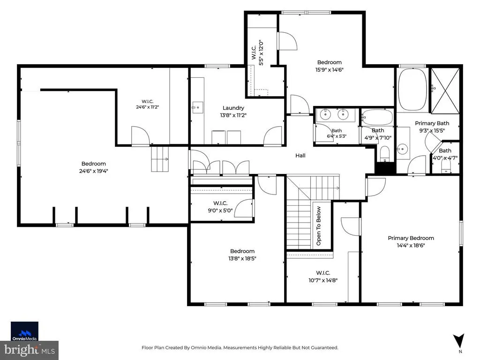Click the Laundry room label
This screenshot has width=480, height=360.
233,108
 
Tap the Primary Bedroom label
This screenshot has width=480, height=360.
411,238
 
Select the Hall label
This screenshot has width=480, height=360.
300,156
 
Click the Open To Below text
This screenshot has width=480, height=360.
318,226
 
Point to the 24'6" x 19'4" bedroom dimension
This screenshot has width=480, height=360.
94,171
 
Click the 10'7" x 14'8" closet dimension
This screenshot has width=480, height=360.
323,280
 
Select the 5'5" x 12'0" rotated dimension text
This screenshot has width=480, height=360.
261,52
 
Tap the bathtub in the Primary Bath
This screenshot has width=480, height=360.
412,90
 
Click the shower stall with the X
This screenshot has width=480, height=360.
445,91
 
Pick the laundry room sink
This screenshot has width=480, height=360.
198,107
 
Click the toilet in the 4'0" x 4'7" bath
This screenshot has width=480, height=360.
446,167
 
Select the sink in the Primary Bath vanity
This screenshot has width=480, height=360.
402,150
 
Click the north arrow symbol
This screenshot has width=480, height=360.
459,340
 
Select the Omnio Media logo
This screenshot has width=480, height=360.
24,331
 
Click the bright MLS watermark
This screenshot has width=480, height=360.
30,350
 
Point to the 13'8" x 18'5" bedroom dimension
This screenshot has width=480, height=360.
242,258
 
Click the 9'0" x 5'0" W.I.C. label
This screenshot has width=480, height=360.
220,207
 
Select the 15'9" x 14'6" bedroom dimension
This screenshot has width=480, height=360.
330,69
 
